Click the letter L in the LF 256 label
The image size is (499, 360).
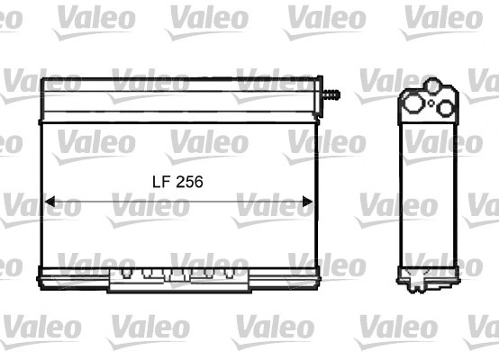click(157, 182)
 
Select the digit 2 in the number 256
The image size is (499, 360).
click(180, 182)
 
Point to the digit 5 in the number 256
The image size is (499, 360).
click(190, 182)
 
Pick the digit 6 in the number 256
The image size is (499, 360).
click(198, 182)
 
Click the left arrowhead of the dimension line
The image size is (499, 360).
click(50, 202)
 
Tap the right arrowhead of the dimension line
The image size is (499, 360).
click(308, 202)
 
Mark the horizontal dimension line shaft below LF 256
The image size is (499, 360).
click(179, 202)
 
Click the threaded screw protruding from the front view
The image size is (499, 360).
click(331, 94)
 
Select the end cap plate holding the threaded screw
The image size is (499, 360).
click(319, 96)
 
